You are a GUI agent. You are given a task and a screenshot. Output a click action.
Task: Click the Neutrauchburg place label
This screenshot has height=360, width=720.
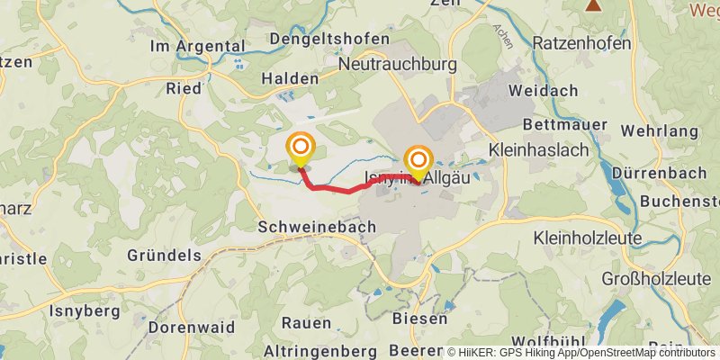click(397, 65)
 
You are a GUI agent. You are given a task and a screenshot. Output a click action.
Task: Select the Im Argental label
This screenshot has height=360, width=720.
click(198, 46)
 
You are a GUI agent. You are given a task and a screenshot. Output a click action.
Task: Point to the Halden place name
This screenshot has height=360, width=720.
click(289, 78)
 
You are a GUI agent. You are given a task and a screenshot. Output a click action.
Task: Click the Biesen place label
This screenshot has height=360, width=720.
click(420, 319)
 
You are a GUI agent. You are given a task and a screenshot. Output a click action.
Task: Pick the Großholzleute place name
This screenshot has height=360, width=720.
click(658, 276)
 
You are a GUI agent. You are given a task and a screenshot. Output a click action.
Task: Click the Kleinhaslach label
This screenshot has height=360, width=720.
click(544, 146)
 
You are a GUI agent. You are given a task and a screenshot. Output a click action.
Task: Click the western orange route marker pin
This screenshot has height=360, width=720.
click(300, 149)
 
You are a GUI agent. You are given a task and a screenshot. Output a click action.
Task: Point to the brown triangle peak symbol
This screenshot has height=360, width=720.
click(593, 5)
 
